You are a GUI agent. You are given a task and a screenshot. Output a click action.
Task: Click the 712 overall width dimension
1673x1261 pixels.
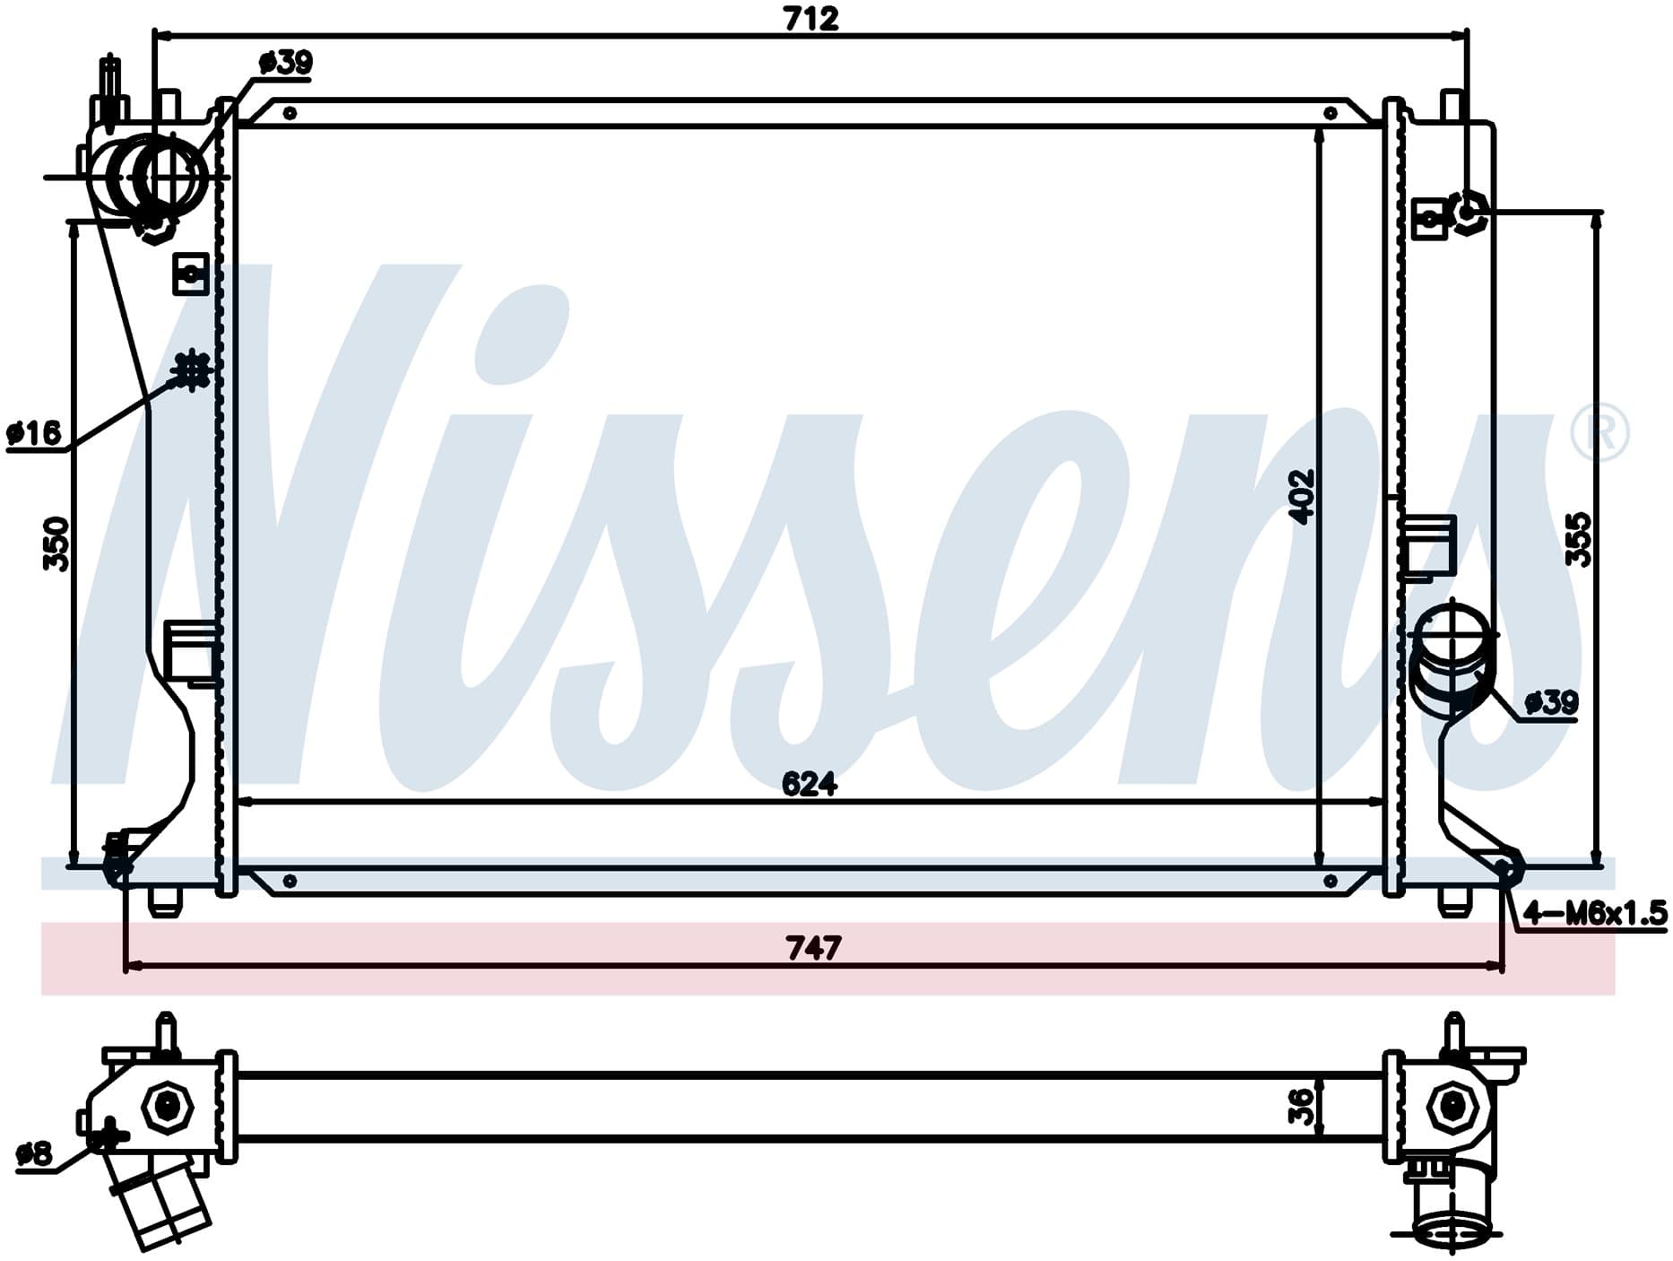tap(811, 19)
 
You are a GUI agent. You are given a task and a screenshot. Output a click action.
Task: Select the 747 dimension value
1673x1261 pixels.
tap(813, 947)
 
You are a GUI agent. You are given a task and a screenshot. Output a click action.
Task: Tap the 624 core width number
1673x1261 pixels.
tap(810, 784)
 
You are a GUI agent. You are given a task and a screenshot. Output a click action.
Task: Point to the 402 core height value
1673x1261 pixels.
tap(1301, 496)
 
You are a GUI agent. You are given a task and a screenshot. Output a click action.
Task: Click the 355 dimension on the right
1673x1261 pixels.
tap(1579, 539)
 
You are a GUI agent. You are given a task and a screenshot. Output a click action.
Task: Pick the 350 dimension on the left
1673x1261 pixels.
tap(56, 544)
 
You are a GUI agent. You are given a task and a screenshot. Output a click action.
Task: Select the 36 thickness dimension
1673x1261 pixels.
tap(1301, 1107)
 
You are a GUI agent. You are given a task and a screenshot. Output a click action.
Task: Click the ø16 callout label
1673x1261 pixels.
tap(34, 434)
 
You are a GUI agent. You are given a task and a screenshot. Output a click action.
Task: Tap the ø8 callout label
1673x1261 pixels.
tap(35, 1154)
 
